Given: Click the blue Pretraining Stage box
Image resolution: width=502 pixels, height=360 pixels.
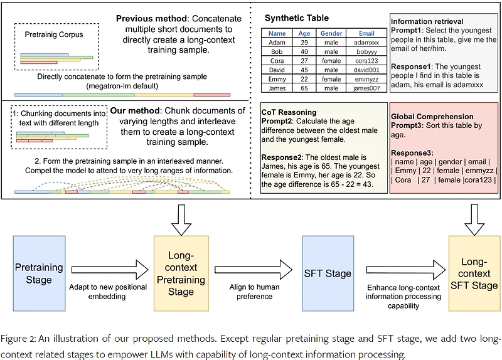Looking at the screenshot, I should point(38,274).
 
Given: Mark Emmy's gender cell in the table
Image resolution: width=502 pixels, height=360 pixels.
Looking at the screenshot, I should point(331,78).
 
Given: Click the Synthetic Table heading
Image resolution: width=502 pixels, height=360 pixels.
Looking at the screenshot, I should point(296,18).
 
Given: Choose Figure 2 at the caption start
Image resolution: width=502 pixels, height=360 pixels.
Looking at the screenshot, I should point(18,339).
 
